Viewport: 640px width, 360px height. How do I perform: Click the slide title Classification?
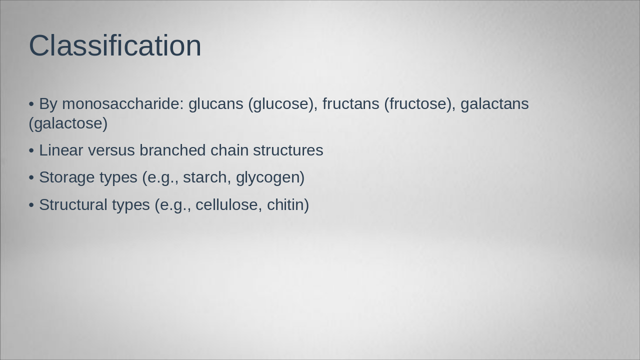click(115, 45)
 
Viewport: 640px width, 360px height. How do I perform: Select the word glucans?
click(215, 104)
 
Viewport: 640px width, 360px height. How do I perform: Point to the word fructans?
click(350, 104)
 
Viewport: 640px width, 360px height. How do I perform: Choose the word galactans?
click(494, 104)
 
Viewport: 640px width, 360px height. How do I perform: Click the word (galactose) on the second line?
click(68, 123)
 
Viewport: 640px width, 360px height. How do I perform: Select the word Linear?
click(61, 150)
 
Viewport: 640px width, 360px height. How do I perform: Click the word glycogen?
click(269, 178)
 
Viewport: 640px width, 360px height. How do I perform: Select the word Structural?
click(73, 205)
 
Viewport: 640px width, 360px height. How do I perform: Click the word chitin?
click(287, 205)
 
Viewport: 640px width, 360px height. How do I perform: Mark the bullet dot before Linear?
click(31, 151)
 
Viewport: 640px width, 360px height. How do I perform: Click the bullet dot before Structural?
click(31, 205)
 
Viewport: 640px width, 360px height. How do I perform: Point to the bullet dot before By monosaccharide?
click(31, 104)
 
